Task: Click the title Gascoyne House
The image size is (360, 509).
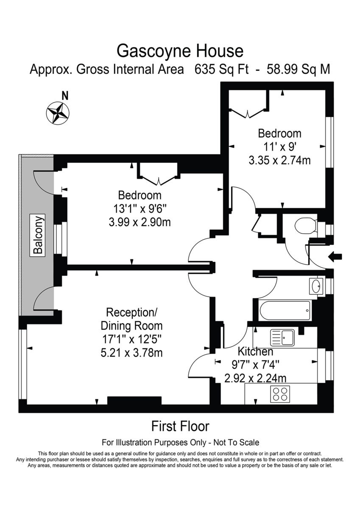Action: pyautogui.click(x=180, y=51)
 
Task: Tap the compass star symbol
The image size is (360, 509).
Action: pyautogui.click(x=58, y=112)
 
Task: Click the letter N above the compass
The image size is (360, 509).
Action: pyautogui.click(x=64, y=95)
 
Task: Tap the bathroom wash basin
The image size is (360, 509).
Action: pyautogui.click(x=316, y=286)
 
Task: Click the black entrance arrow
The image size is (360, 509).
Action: pyautogui.click(x=335, y=256)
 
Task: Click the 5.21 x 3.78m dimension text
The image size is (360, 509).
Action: pyautogui.click(x=131, y=352)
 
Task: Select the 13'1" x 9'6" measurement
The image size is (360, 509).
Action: pyautogui.click(x=140, y=209)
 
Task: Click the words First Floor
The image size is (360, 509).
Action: pyautogui.click(x=180, y=426)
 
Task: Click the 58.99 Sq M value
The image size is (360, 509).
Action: pyautogui.click(x=298, y=69)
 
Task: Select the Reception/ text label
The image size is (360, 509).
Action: pyautogui.click(x=131, y=313)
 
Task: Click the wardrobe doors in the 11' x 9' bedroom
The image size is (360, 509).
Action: pyautogui.click(x=247, y=112)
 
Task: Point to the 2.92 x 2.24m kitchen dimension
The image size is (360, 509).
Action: pyautogui.click(x=255, y=378)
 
